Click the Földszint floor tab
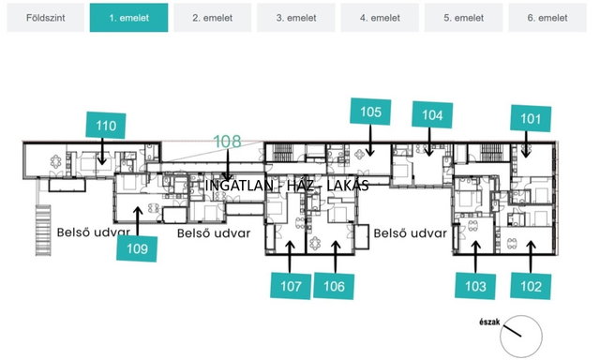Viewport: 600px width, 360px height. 46,18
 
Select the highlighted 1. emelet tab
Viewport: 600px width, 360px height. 129,18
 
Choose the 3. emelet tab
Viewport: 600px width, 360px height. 296,18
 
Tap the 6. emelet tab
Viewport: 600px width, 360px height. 547,18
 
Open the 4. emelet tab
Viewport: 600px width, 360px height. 380,18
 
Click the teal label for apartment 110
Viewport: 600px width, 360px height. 106,125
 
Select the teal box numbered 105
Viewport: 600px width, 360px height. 370,112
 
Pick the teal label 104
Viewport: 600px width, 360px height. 432,114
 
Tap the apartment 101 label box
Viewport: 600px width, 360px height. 531,119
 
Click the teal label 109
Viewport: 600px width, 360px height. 137,248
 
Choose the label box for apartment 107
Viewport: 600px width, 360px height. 291,286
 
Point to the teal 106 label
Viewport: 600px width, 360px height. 334,286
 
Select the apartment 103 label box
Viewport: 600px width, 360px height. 475,286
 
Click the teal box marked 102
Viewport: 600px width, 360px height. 531,286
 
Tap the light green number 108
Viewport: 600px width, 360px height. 227,142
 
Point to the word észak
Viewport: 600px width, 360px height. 489,322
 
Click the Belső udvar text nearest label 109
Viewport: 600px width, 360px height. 94,232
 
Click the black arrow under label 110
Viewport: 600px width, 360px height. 102,152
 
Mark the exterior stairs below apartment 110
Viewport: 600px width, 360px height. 43,230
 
